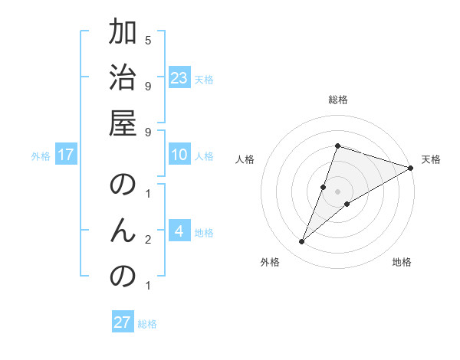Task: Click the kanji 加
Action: coord(123,34)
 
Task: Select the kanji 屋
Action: coord(123,123)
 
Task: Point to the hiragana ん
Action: coord(123,231)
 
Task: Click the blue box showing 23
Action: coord(179,78)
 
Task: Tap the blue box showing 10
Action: coord(179,155)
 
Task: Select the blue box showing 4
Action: coord(179,231)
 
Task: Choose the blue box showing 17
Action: coord(66,155)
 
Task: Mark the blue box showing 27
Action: coord(123,322)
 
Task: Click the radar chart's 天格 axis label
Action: coord(431,159)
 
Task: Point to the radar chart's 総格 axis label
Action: coord(338,100)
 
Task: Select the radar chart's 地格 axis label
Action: coord(402,262)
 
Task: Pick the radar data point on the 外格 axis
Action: coord(301,242)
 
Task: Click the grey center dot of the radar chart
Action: coord(338,191)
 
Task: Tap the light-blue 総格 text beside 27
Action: coord(147,323)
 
